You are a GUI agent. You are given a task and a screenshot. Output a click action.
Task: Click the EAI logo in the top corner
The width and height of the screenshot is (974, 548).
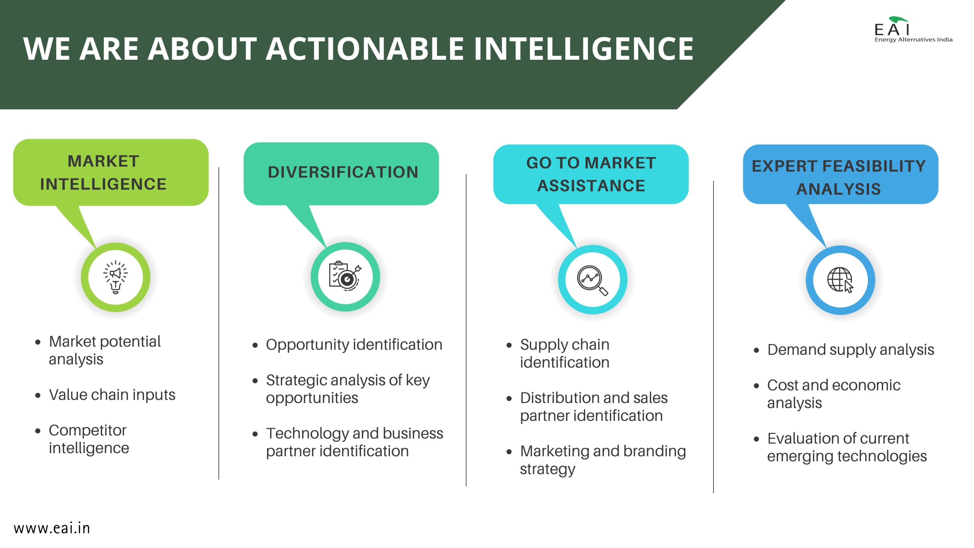[913, 29]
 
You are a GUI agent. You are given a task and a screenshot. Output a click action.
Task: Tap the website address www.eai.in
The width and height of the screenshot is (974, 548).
[52, 528]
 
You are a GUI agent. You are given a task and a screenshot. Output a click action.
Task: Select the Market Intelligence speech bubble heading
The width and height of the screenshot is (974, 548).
[103, 173]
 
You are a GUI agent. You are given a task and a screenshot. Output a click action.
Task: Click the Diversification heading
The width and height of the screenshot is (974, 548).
[343, 172]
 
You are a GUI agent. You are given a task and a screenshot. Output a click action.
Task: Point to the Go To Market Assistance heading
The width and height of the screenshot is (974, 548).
[591, 174]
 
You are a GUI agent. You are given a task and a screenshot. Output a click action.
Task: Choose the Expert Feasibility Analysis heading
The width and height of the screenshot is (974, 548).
[839, 177]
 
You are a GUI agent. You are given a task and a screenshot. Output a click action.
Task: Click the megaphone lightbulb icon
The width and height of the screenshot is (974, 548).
[116, 277]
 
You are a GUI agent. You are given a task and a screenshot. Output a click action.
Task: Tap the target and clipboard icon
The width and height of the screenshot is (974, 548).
[345, 276]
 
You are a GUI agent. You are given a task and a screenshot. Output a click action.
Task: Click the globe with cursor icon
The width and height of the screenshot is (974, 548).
[840, 280]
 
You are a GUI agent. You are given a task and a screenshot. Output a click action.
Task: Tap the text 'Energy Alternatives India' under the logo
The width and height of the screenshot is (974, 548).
[914, 40]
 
